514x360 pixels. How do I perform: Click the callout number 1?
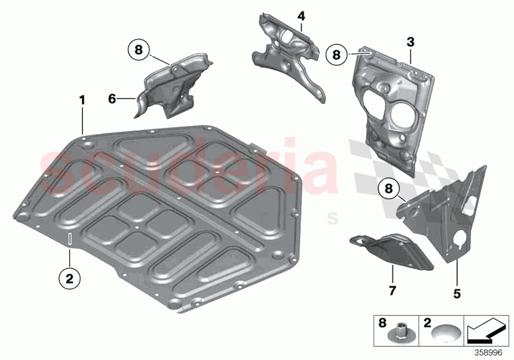pyautogui.click(x=82, y=100)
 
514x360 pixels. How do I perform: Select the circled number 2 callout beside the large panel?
pyautogui.click(x=69, y=279)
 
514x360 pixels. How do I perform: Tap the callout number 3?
pyautogui.click(x=410, y=42)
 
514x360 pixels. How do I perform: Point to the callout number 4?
pyautogui.click(x=301, y=16)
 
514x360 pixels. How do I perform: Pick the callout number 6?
pyautogui.click(x=112, y=99)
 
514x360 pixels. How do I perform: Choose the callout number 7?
pyautogui.click(x=392, y=291)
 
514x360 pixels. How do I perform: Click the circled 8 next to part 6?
pyautogui.click(x=139, y=49)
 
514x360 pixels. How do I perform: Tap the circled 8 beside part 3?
pyautogui.click(x=336, y=55)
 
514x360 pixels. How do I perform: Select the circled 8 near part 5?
pyautogui.click(x=388, y=188)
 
